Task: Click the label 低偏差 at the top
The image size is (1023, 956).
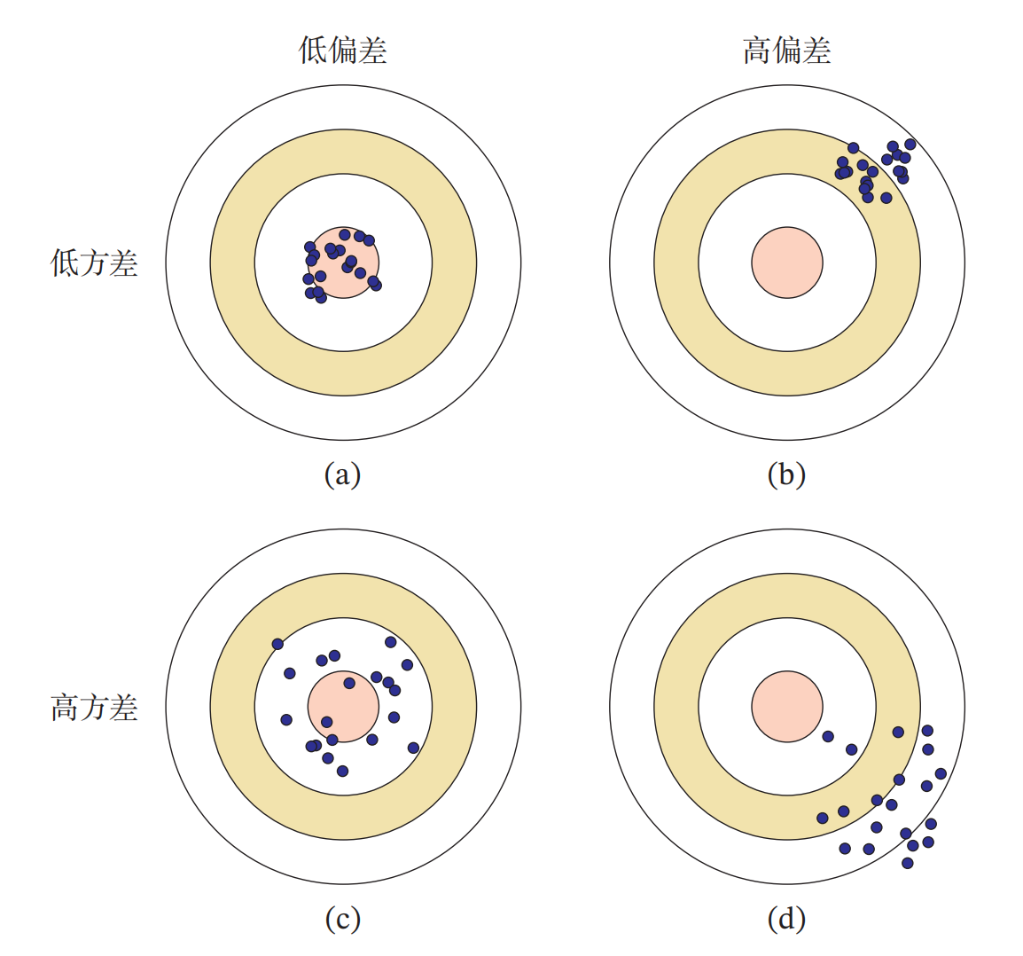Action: [343, 51]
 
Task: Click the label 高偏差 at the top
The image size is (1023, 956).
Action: [786, 51]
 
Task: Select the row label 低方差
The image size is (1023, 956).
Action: [94, 263]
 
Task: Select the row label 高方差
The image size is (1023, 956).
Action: [94, 708]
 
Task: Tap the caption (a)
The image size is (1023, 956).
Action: [342, 474]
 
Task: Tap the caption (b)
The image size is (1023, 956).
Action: [786, 474]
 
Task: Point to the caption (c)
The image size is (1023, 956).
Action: [342, 919]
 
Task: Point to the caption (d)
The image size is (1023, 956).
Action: [786, 919]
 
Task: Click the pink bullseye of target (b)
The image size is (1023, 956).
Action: [787, 263]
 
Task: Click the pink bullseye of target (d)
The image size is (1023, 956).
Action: [787, 707]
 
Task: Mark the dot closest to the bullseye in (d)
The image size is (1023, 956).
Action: [828, 736]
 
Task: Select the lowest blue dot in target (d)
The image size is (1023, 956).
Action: [907, 863]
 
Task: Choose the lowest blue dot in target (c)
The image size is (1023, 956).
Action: [342, 771]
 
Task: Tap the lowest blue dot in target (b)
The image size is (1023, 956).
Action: [886, 198]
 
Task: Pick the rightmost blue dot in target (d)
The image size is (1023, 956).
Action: [941, 774]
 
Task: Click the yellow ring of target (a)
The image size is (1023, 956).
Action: [232, 263]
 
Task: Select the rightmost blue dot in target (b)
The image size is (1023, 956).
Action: [910, 145]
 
